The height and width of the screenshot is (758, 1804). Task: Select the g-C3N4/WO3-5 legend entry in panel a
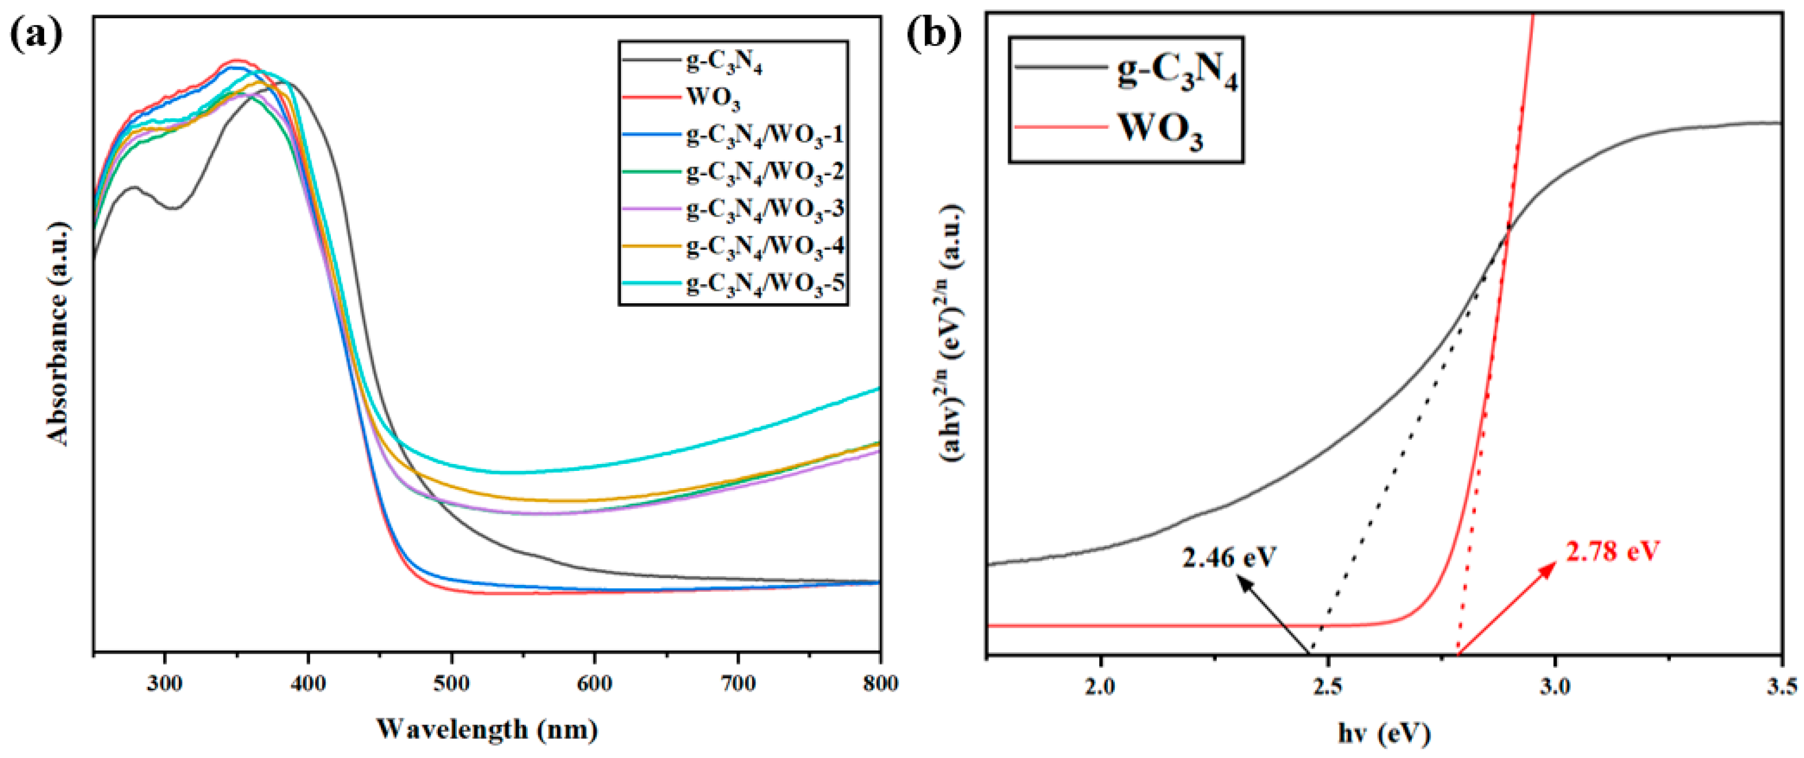(x=765, y=284)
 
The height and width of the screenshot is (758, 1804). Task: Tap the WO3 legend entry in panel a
(x=713, y=98)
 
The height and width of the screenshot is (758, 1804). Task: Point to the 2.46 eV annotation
(x=1230, y=557)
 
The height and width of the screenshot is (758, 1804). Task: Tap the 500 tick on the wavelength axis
(x=451, y=683)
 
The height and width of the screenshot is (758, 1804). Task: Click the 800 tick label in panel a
(x=879, y=683)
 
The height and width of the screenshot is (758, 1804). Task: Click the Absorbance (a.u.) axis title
(x=59, y=333)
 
